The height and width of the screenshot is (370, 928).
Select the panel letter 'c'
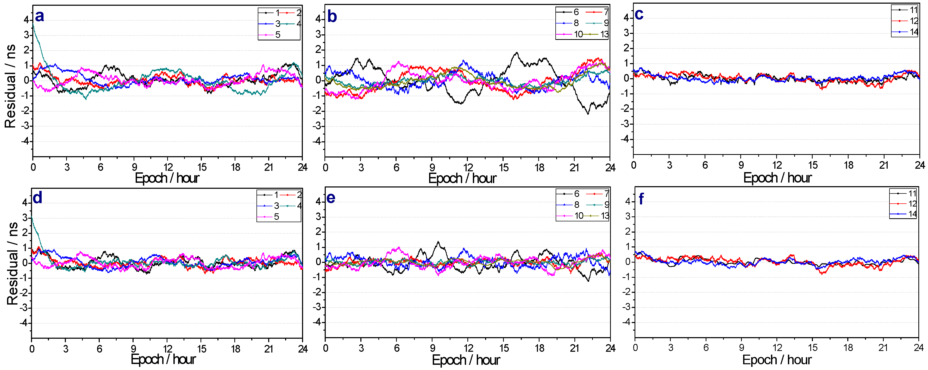[639, 14]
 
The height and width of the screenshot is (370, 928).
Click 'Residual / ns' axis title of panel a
[10, 86]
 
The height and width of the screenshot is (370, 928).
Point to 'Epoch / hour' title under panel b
[462, 178]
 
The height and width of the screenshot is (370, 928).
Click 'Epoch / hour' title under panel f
[777, 360]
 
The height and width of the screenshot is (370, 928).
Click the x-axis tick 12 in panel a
[168, 167]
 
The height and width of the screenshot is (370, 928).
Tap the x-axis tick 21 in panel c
[884, 165]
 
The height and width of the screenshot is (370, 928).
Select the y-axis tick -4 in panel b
[318, 141]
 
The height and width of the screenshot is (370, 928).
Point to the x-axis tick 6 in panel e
[397, 348]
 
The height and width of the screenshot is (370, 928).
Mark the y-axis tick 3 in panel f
[628, 216]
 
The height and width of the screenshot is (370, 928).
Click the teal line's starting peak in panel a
[33, 25]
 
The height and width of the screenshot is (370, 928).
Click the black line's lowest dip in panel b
[588, 114]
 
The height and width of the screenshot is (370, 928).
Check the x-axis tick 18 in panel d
[236, 349]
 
